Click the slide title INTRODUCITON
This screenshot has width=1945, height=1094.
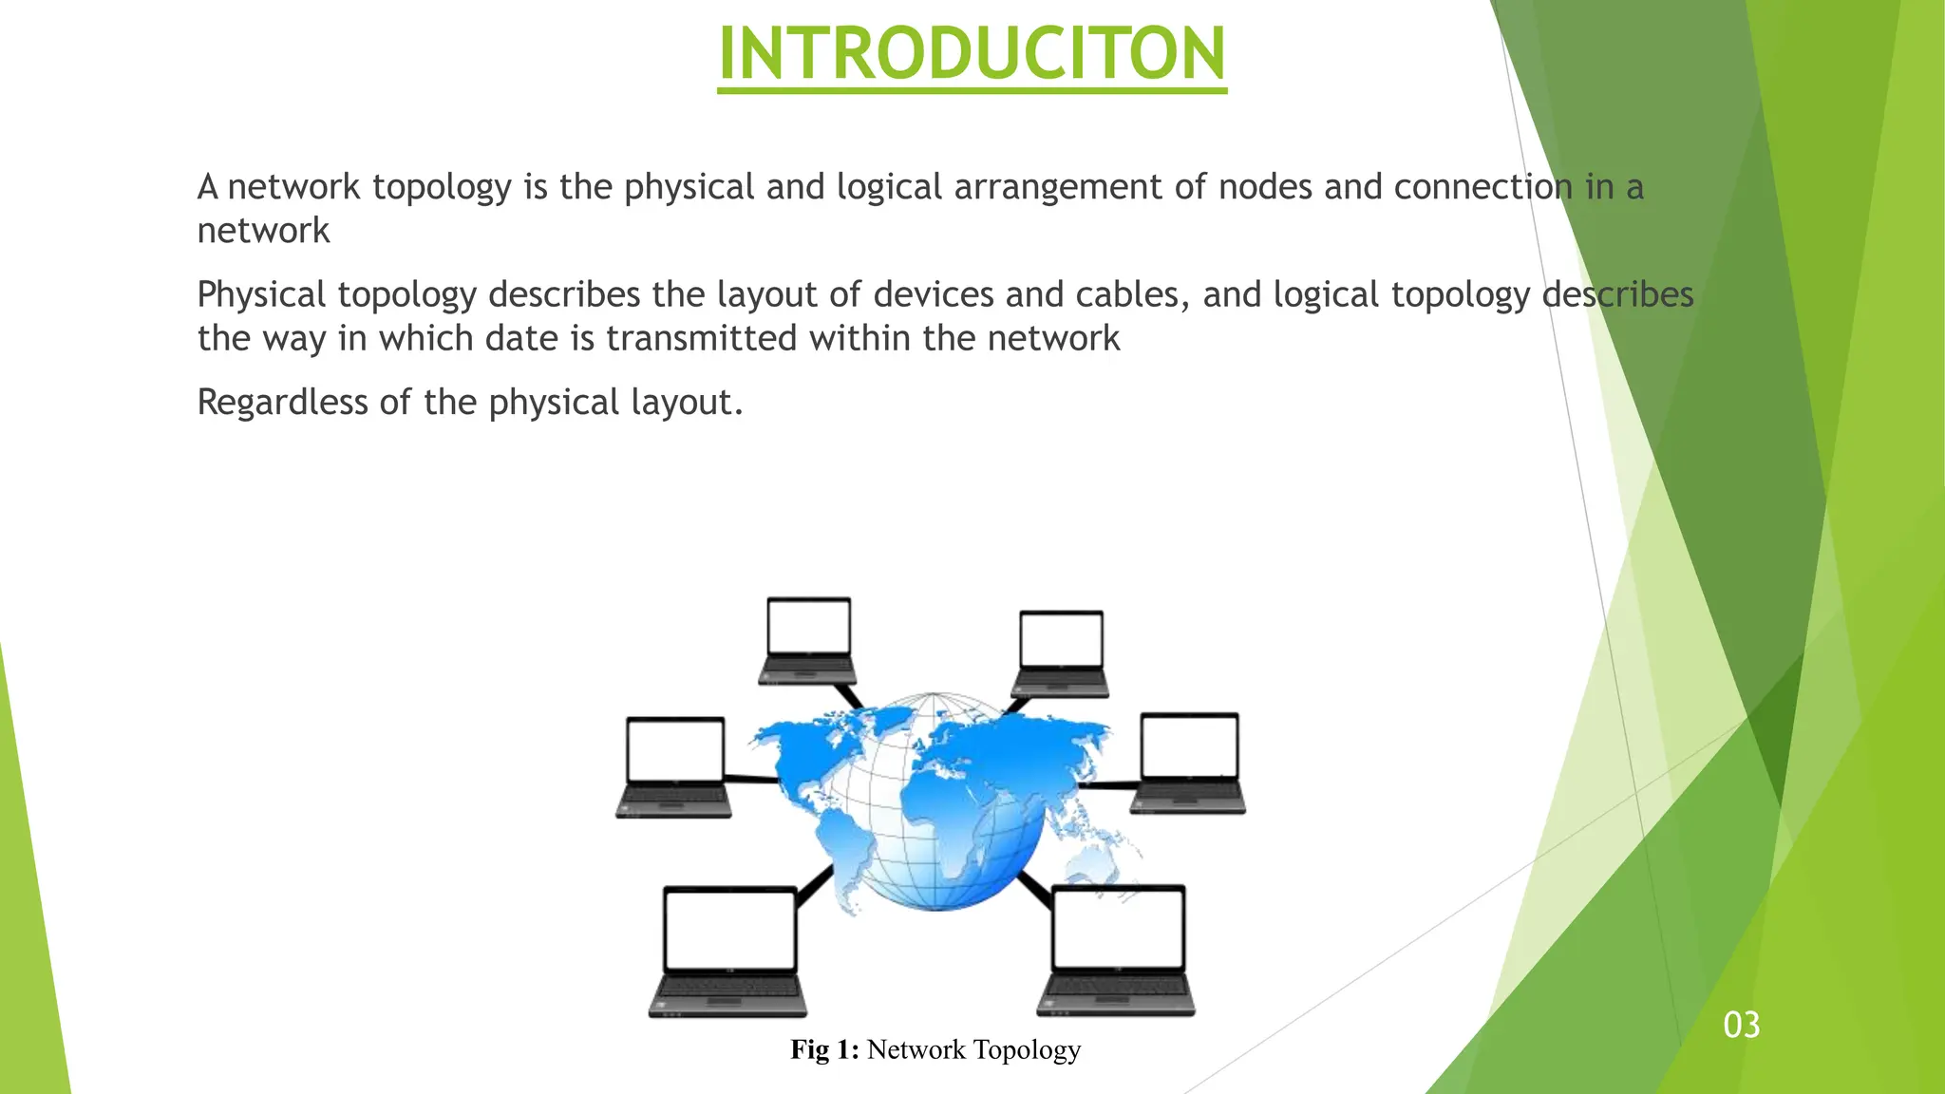pos(972,53)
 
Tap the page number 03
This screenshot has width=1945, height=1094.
pos(1742,1026)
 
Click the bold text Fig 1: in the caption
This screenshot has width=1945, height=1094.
pos(824,1049)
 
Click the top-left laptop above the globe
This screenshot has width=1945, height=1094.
pos(808,640)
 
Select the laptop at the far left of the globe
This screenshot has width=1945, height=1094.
pos(674,766)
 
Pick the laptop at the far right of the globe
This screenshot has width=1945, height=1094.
pos(1189,763)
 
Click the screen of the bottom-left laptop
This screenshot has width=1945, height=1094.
pos(729,930)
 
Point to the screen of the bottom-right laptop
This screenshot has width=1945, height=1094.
pos(1118,927)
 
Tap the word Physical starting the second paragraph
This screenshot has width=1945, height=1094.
pos(261,294)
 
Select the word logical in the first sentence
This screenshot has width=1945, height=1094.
pos(889,187)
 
